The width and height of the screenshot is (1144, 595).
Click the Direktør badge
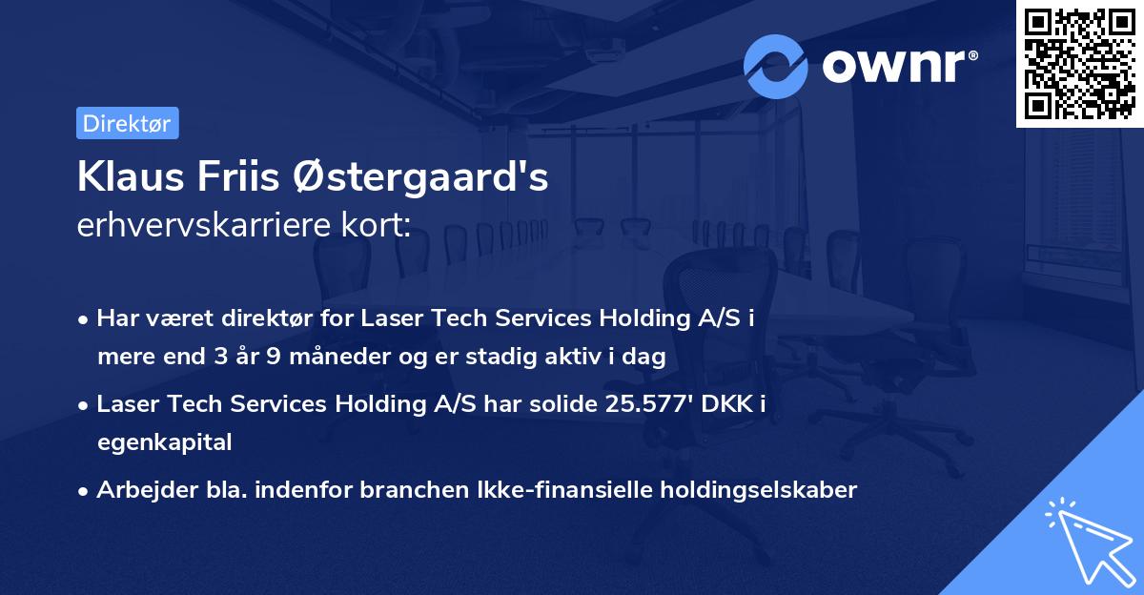tap(127, 123)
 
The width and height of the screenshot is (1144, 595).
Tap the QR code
tap(1079, 63)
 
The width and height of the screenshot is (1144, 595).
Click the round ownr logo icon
tap(776, 66)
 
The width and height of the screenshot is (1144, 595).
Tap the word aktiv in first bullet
tap(583, 357)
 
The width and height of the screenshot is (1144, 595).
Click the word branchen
tap(418, 490)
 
